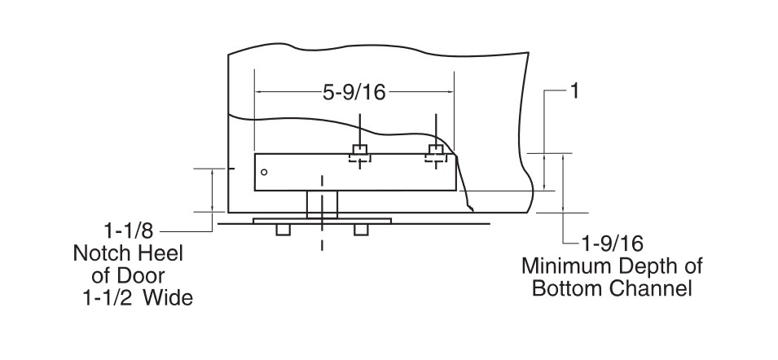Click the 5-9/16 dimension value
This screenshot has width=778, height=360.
coord(354,92)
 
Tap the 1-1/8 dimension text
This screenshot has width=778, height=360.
coord(129,231)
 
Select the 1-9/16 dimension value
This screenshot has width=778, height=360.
coord(613,244)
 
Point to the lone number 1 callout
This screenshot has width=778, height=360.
coord(574,91)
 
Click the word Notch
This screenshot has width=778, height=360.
coord(102,253)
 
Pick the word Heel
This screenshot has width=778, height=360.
coord(160,253)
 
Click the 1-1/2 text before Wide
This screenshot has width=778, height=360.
coord(108,298)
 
